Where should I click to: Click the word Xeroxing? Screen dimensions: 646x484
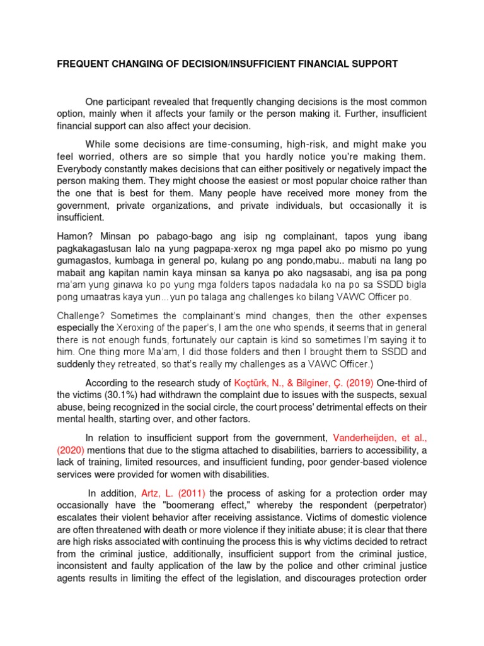[x=137, y=327]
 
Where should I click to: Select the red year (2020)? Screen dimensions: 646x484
[x=74, y=449]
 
